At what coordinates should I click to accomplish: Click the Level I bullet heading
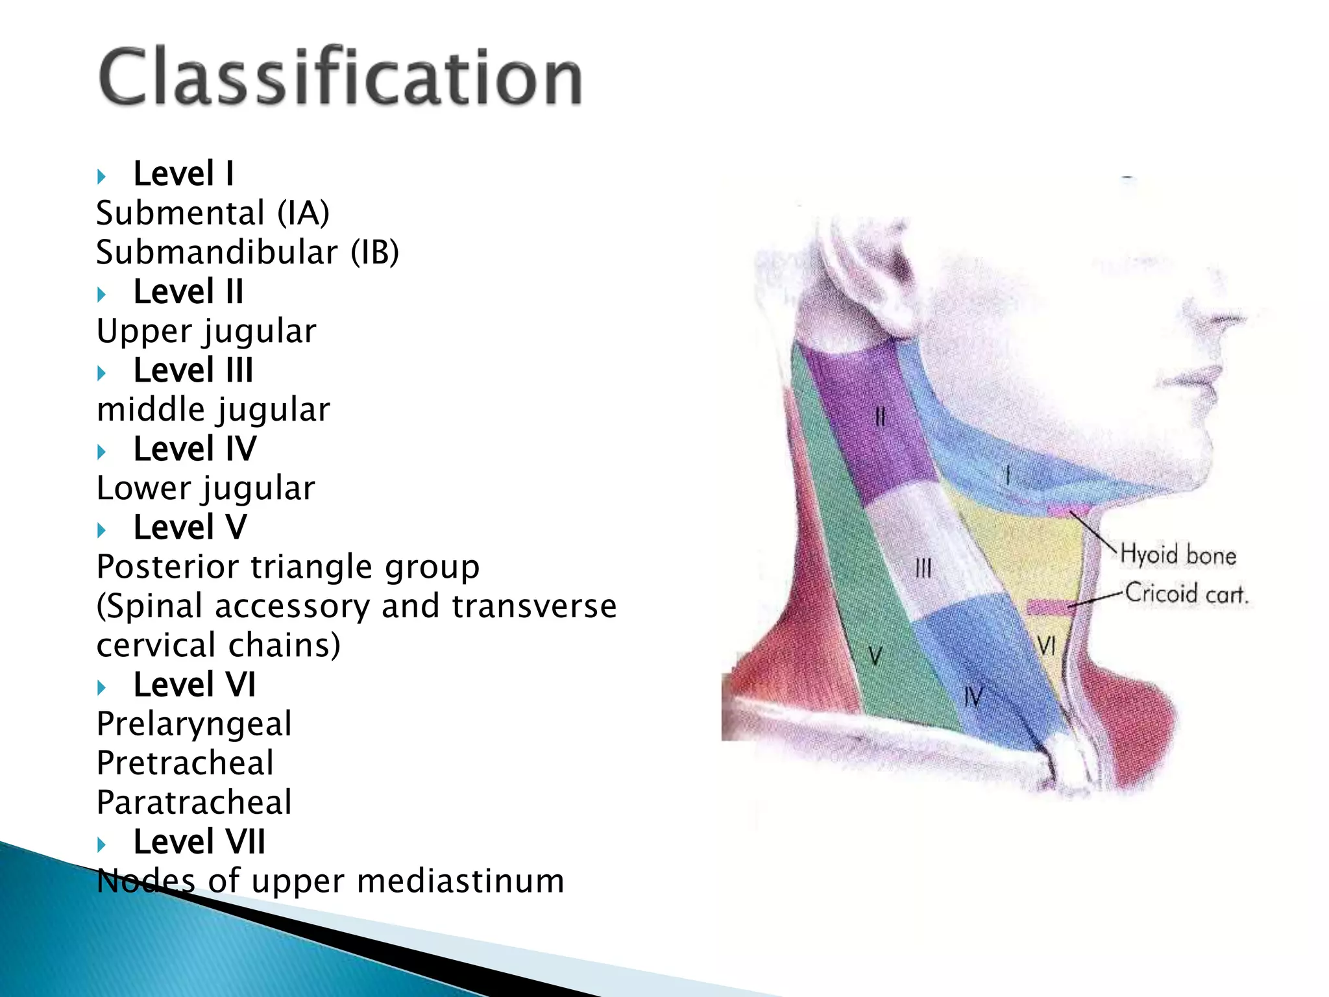183,174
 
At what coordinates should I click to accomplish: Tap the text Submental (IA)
213,213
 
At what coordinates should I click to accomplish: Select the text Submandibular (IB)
247,252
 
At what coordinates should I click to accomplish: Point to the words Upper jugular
206,331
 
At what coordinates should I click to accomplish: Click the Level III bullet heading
193,371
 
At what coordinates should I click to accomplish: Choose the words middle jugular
213,410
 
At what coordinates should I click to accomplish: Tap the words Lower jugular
206,489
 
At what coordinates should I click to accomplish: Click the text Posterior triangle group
287,567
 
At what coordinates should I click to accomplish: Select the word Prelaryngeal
194,724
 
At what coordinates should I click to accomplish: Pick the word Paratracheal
194,802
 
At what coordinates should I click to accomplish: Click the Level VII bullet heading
199,842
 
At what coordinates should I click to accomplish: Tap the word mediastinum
460,881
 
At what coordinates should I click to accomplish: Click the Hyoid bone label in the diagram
1178,556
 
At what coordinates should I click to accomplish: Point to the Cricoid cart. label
1186,594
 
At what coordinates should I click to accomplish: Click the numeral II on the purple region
880,416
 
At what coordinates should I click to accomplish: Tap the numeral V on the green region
875,656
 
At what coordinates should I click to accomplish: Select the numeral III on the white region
923,569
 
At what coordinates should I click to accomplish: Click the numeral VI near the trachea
1046,645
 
